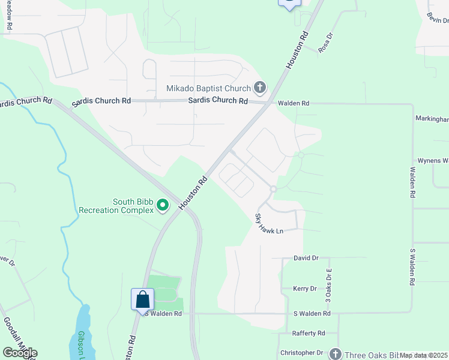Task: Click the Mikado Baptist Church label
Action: pyautogui.click(x=208, y=89)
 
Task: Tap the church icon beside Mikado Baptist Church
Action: pyautogui.click(x=260, y=89)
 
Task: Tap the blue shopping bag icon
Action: pyautogui.click(x=143, y=299)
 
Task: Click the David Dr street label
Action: pyautogui.click(x=306, y=258)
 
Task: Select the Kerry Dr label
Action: pyautogui.click(x=304, y=289)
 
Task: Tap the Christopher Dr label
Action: pyautogui.click(x=301, y=353)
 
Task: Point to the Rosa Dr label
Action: pyautogui.click(x=325, y=46)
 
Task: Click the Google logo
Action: pyautogui.click(x=20, y=353)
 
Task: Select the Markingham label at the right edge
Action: pyautogui.click(x=432, y=118)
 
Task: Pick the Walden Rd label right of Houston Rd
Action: pyautogui.click(x=293, y=104)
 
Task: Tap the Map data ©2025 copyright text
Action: pyautogui.click(x=424, y=355)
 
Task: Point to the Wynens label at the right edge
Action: pyautogui.click(x=433, y=161)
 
